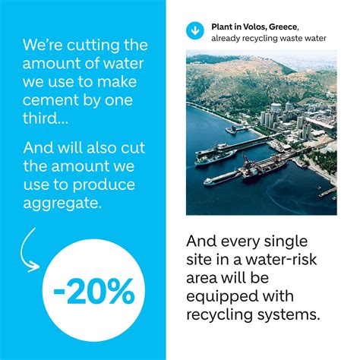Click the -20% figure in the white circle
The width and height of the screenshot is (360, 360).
pos(94,291)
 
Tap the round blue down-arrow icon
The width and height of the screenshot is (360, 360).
pos(195,30)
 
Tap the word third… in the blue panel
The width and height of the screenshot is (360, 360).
pos(46,118)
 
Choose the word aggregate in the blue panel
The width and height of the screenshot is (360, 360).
pos(62,204)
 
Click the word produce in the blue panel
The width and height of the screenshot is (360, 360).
pos(104,185)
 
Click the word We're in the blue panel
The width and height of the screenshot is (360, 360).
pos(43,45)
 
